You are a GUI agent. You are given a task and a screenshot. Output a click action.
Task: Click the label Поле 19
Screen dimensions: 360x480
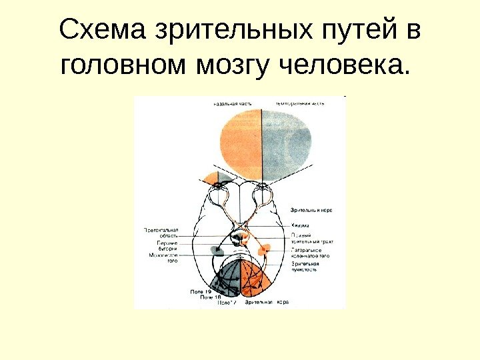point(201,292)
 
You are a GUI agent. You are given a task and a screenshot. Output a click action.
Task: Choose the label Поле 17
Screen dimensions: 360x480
point(227,303)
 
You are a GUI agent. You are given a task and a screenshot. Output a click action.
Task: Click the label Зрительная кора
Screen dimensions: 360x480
point(268,303)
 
